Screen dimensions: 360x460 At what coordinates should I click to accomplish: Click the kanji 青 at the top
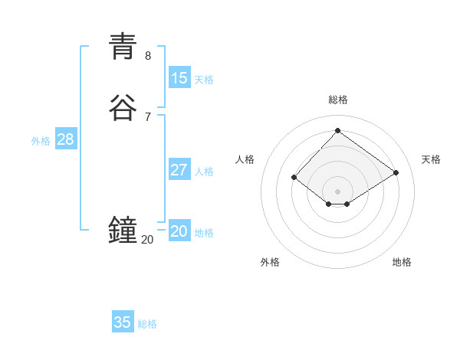tap(123, 45)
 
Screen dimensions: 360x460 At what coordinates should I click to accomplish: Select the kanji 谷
tap(123, 107)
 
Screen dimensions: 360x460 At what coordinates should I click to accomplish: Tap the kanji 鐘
tap(123, 230)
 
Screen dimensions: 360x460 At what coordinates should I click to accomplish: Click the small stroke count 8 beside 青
tap(148, 56)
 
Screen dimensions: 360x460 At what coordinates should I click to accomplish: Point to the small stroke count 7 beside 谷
tap(148, 117)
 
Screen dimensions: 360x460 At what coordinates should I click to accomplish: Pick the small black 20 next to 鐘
tap(147, 240)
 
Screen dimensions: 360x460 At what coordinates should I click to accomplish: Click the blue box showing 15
tap(179, 78)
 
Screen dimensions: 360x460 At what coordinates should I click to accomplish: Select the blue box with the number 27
tap(179, 170)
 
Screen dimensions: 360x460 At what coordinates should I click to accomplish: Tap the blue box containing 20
tap(179, 231)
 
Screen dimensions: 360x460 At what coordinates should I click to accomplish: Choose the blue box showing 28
tap(66, 139)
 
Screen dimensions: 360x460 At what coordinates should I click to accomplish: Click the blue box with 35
tap(123, 322)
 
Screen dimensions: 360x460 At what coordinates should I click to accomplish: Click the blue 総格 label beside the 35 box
tap(147, 324)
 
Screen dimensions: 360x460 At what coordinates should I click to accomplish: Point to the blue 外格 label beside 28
tap(41, 141)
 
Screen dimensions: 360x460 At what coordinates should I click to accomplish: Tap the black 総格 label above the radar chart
tap(338, 100)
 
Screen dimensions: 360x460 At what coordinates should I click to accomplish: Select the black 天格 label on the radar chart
tap(431, 159)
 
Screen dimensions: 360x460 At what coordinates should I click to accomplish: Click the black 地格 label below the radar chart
tap(402, 262)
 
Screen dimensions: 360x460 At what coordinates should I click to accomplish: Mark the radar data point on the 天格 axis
tap(396, 172)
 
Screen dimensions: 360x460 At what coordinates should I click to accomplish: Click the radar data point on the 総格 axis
tap(337, 130)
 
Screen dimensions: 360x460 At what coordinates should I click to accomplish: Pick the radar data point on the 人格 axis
tap(294, 177)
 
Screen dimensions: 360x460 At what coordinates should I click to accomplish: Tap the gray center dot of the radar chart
tap(337, 191)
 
